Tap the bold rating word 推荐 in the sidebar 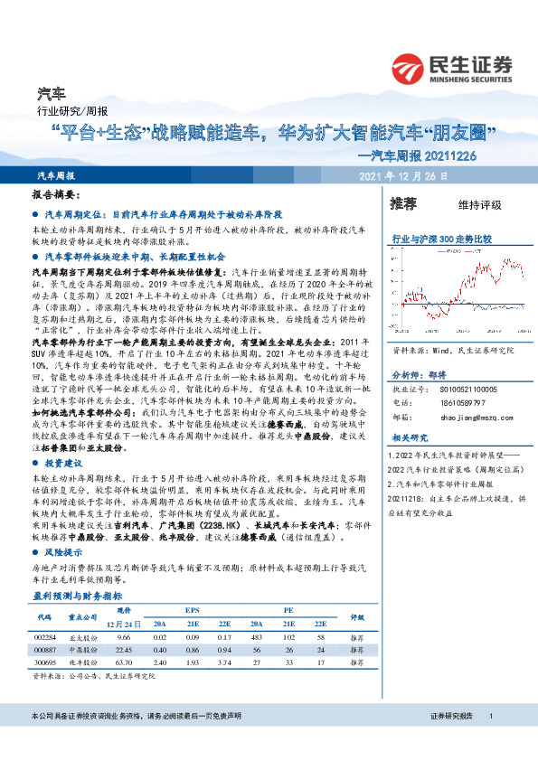pos(402,203)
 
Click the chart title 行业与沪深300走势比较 pos(441,239)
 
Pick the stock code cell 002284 pos(46,637)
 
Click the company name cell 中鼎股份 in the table pos(83,650)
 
